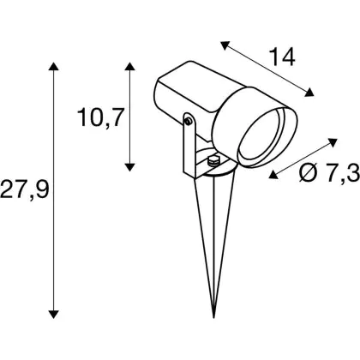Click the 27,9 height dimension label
pos(25,189)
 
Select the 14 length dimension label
pos(282,57)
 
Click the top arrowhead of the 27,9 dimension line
pos(53,66)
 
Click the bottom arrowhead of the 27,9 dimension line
pos(53,315)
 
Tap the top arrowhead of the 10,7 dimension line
pos(130,66)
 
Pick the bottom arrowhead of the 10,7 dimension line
pos(130,167)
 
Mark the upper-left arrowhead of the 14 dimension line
pos(225,45)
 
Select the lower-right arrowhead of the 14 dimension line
pos(309,93)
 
